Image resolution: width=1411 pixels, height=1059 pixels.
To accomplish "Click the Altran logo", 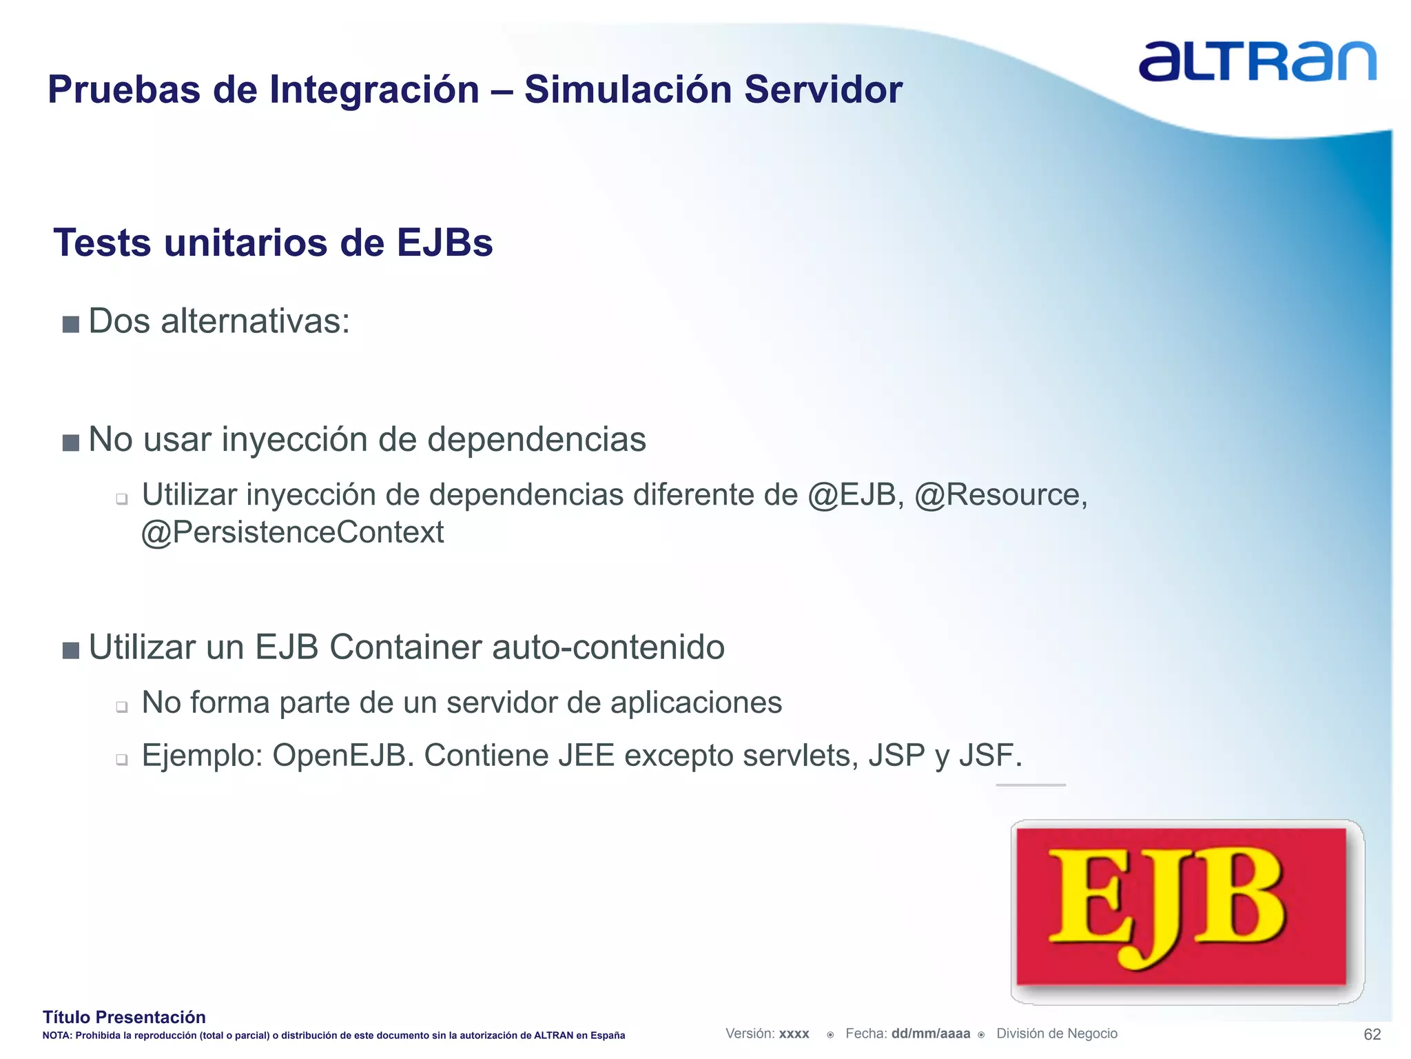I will tap(1257, 61).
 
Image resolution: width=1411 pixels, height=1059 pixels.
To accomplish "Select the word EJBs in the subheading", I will tap(444, 243).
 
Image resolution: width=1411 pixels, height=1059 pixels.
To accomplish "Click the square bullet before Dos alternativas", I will tap(71, 324).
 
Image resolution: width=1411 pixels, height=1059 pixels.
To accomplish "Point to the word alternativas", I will tap(255, 321).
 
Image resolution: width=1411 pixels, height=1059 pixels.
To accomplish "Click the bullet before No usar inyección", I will tap(71, 442).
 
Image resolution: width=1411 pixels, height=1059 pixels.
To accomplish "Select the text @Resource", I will tap(1000, 495).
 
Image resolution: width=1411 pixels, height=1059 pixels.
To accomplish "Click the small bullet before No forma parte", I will tap(122, 707).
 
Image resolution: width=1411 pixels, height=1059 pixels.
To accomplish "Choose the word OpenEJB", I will tap(343, 756).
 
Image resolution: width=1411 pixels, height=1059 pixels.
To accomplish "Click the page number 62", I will tap(1372, 1034).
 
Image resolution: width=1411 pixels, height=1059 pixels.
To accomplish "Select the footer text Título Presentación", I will tap(124, 1017).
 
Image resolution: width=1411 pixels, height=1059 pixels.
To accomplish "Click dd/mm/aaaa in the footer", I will tap(930, 1033).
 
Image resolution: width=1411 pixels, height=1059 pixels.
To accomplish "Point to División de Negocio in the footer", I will tap(1056, 1033).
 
